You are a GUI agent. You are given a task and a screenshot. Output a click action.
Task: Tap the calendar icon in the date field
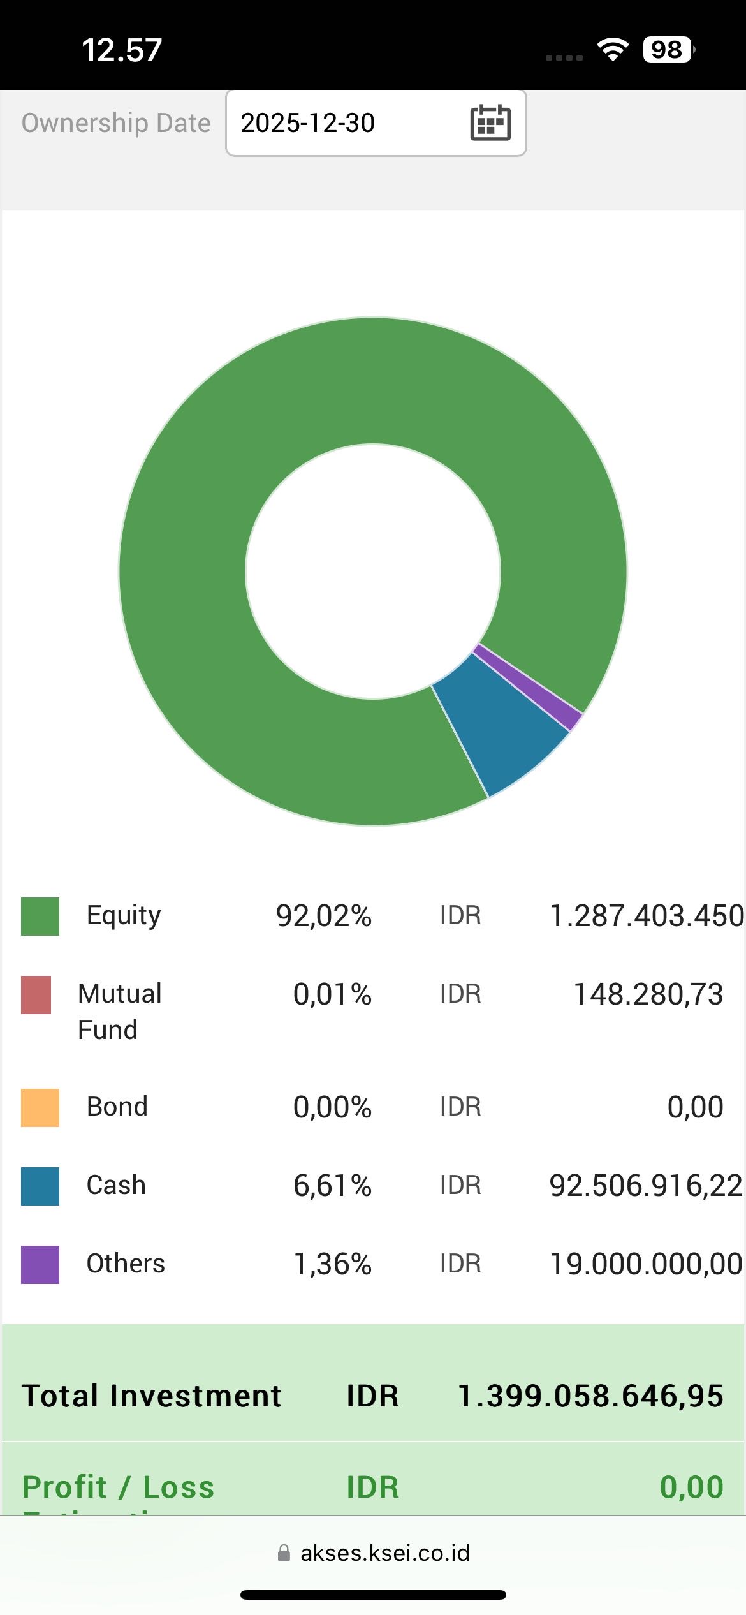point(490,122)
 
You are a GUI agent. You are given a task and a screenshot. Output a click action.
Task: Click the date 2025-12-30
point(307,123)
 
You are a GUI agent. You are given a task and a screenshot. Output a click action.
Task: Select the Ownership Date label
point(116,123)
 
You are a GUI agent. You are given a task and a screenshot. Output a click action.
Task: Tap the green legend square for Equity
point(40,916)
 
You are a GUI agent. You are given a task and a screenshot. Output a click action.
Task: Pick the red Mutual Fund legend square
point(36,994)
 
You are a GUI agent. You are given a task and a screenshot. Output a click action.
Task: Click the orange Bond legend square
point(40,1107)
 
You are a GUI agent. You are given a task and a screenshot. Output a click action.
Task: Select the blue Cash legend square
point(40,1186)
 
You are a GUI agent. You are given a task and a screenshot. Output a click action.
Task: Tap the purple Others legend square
point(40,1264)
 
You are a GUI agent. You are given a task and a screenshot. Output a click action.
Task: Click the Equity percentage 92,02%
point(323,916)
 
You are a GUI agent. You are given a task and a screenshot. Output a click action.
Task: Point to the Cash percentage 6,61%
point(332,1186)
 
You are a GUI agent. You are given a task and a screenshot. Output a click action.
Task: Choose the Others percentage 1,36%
point(332,1264)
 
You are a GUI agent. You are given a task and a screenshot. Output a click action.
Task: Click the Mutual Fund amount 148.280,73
point(648,994)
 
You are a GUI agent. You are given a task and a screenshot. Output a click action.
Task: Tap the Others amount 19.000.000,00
point(646,1264)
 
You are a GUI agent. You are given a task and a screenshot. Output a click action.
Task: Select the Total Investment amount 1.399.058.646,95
point(590,1396)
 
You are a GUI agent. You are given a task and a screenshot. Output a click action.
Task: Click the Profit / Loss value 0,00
point(691,1487)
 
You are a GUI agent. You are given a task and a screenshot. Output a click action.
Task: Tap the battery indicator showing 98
point(668,50)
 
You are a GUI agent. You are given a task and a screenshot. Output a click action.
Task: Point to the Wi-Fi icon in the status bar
point(613,50)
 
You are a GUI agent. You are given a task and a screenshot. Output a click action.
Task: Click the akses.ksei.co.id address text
point(384,1552)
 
